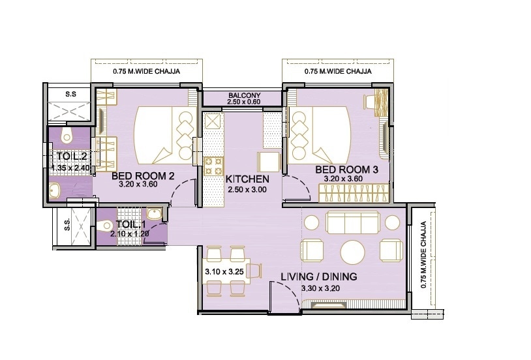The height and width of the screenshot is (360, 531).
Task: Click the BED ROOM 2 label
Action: [142, 176]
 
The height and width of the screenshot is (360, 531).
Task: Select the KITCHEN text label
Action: [247, 179]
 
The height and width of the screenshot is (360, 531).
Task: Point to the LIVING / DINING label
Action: [318, 277]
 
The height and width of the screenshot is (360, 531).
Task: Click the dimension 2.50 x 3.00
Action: [246, 190]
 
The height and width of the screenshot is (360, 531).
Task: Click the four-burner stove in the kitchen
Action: [214, 167]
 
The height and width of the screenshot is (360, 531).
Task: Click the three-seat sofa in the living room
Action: [354, 224]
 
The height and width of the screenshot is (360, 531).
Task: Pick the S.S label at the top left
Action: [70, 94]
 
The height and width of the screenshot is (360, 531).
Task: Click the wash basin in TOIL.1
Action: [154, 215]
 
